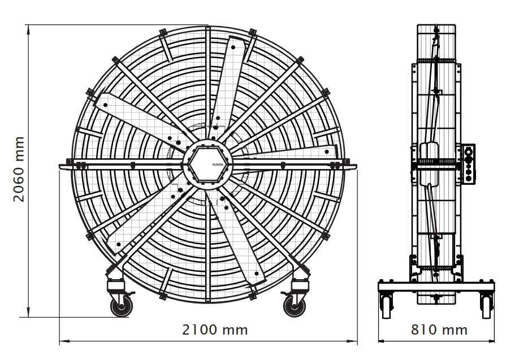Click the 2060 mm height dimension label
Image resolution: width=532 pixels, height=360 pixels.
pyautogui.click(x=19, y=170)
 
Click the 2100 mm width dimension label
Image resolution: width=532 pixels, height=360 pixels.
pyautogui.click(x=215, y=330)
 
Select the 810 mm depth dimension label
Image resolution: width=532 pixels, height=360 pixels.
pyautogui.click(x=439, y=330)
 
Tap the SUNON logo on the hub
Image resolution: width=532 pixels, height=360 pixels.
pyautogui.click(x=218, y=164)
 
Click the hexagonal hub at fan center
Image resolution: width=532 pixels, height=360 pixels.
pyautogui.click(x=208, y=164)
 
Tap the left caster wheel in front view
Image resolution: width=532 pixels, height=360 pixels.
pyautogui.click(x=122, y=306)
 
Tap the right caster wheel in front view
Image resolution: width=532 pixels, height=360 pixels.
pyautogui.click(x=294, y=306)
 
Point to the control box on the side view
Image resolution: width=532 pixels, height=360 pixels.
pyautogui.click(x=469, y=164)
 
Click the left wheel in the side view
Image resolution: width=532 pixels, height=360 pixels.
pyautogui.click(x=387, y=307)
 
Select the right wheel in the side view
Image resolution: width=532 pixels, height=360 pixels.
pyautogui.click(x=486, y=307)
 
